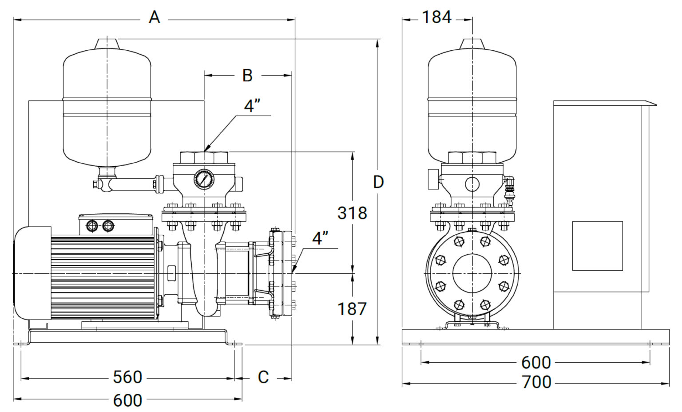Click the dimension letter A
tap(154, 17)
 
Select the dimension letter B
tap(247, 75)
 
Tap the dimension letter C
tap(263, 377)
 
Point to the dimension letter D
tap(378, 182)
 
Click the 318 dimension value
tap(352, 213)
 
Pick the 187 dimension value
tap(352, 309)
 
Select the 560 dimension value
tap(127, 377)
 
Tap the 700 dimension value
tap(536, 382)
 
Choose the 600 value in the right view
tap(536, 363)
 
